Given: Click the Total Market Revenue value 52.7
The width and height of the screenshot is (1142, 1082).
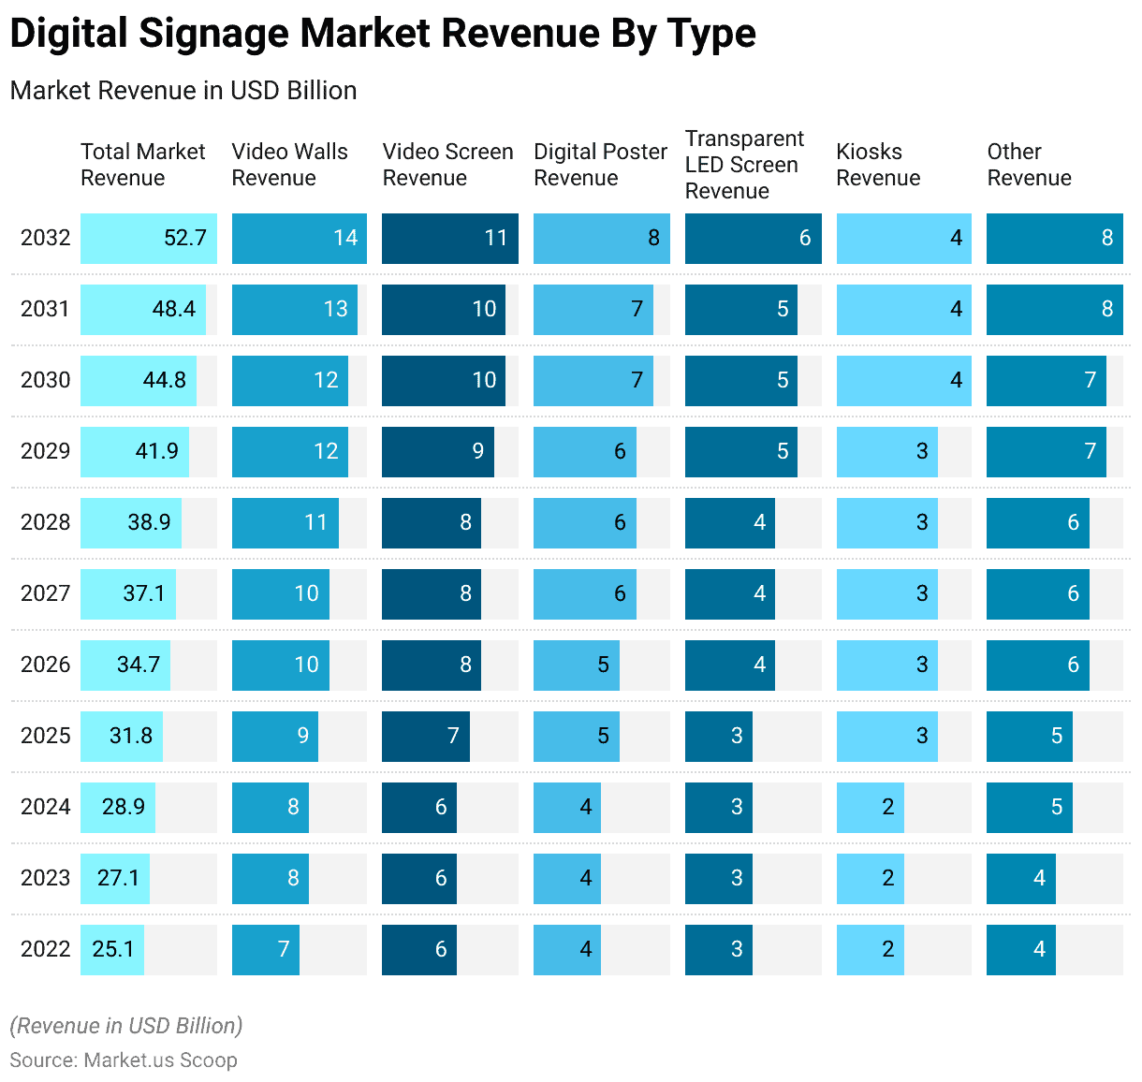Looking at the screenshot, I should [184, 238].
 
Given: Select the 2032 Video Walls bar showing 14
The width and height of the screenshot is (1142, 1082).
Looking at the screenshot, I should [300, 238].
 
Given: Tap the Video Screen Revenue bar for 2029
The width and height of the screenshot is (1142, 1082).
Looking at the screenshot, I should [438, 451].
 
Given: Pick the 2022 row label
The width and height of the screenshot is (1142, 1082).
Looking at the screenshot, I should [45, 949].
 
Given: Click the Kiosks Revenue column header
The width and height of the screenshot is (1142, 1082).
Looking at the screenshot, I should [878, 165].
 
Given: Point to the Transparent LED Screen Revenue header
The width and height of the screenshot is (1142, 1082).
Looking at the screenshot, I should [744, 165].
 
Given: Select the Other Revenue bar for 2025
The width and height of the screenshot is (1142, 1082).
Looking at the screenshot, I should [1030, 736].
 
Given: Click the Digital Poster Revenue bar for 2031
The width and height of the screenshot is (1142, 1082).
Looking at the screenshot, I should [593, 309].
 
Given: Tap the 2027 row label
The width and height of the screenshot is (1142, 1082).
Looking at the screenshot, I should [45, 593].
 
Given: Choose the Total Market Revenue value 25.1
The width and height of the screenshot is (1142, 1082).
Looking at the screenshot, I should [112, 949].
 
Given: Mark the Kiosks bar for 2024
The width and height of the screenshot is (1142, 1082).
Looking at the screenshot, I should [871, 807].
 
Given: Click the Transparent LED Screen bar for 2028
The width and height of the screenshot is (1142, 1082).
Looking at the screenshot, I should [730, 522].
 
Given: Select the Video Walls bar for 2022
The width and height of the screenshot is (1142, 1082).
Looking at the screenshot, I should [266, 949].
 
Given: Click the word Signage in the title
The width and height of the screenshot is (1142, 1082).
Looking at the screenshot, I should [214, 34].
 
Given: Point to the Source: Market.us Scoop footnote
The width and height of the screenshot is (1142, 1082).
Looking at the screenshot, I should [124, 1060].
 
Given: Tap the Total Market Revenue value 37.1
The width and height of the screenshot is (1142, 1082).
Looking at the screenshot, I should [143, 593].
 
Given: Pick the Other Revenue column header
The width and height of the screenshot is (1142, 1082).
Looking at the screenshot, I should [1029, 165].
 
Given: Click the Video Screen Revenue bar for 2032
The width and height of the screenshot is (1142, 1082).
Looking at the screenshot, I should [450, 238].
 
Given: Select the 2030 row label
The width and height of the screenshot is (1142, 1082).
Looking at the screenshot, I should [45, 380].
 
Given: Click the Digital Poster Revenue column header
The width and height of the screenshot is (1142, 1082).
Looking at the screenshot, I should [600, 165].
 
